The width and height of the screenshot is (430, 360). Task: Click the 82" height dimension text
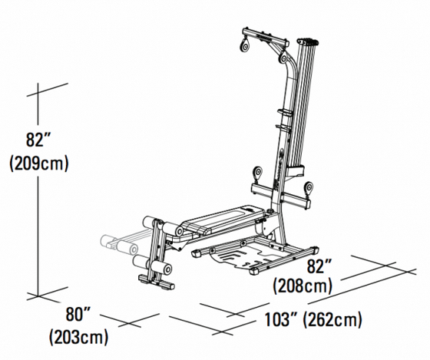pyautogui.click(x=36, y=140)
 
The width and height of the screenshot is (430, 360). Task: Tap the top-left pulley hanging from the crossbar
pyautogui.click(x=246, y=47)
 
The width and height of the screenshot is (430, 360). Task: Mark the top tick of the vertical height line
pyautogui.click(x=38, y=93)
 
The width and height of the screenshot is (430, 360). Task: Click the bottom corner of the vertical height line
pyautogui.click(x=38, y=294)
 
